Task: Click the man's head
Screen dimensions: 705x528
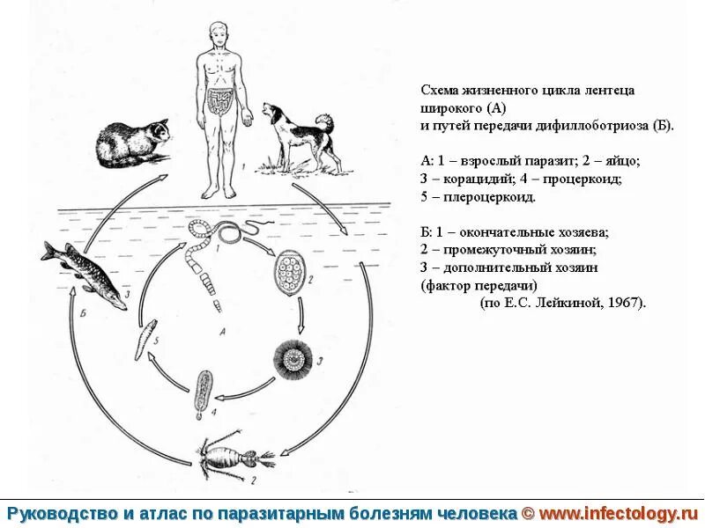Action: click(x=217, y=35)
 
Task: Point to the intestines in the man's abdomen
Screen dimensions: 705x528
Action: click(x=218, y=102)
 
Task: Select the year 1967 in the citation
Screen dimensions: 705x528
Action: click(x=627, y=302)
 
